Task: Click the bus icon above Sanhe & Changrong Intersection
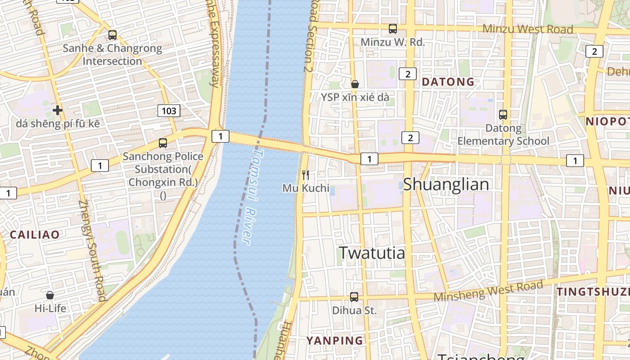(x=112, y=35)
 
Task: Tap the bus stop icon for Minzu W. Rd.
(x=393, y=29)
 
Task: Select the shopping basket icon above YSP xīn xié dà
(x=355, y=84)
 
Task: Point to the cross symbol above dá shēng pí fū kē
(x=57, y=110)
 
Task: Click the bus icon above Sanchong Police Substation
(x=163, y=143)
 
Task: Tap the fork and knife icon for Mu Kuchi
(x=306, y=175)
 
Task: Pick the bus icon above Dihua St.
(x=354, y=297)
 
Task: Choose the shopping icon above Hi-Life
(x=50, y=295)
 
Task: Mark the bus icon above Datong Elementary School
(x=503, y=115)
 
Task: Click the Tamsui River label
(x=252, y=197)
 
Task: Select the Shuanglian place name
(x=445, y=184)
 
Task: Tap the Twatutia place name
(x=372, y=253)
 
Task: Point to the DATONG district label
(x=448, y=82)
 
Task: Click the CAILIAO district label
(x=35, y=234)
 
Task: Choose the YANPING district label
(x=335, y=341)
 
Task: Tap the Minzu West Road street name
(x=527, y=29)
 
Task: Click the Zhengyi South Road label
(x=92, y=251)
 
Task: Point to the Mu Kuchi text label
(x=306, y=188)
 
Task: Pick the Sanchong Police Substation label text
(x=163, y=170)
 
